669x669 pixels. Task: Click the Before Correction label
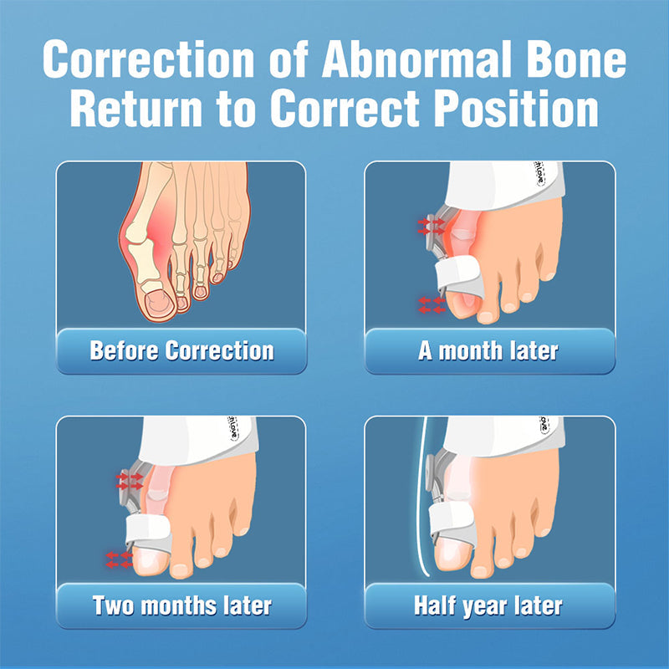point(181,350)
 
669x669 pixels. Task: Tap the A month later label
point(489,350)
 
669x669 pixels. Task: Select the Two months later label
point(181,605)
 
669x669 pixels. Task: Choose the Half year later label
point(489,605)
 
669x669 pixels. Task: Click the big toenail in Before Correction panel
point(156,301)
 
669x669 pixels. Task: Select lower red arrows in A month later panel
point(432,304)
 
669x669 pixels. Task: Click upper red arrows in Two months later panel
point(130,481)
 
